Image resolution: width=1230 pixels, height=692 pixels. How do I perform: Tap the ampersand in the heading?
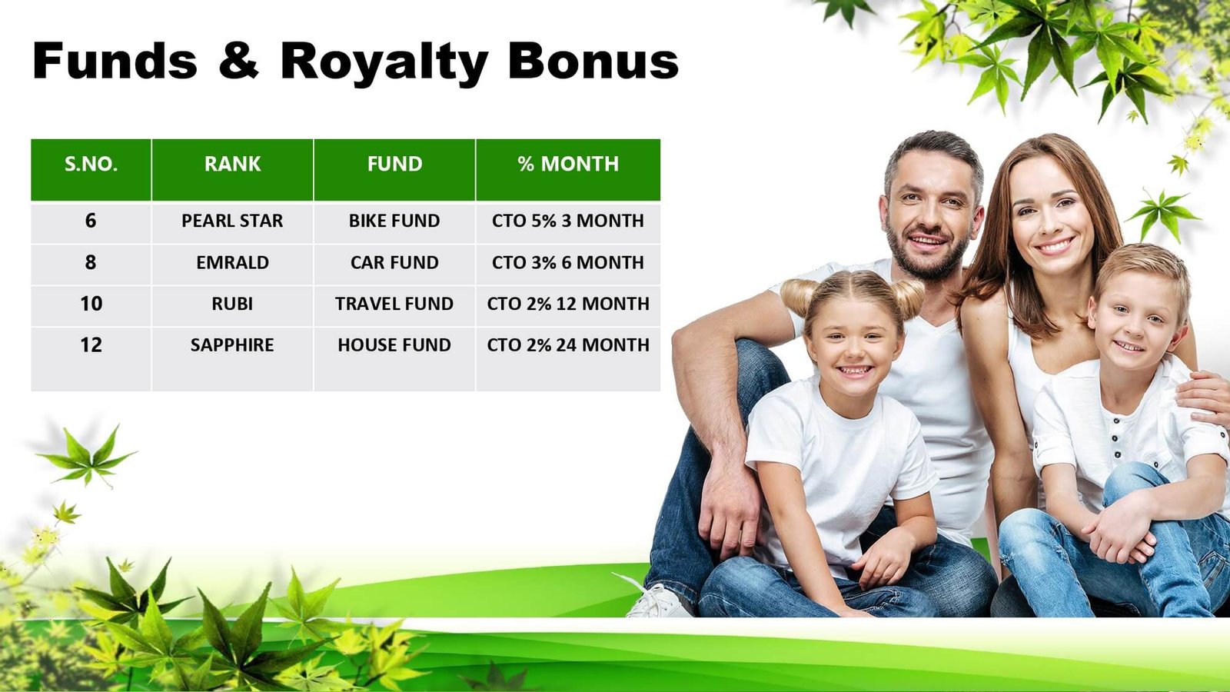point(238,60)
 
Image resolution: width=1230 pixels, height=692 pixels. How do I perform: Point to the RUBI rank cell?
point(232,304)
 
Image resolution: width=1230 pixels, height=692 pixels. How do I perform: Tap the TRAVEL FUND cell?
point(394,304)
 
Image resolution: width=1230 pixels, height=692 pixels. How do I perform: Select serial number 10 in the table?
point(91,304)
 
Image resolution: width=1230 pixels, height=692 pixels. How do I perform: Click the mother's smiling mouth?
point(1053,245)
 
